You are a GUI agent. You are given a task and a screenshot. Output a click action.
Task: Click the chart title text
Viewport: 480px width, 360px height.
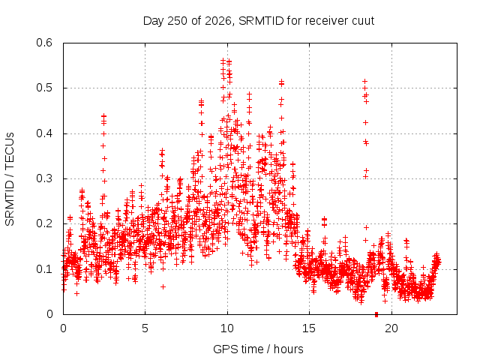259,21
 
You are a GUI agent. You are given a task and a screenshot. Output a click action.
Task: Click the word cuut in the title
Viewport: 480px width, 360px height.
363,21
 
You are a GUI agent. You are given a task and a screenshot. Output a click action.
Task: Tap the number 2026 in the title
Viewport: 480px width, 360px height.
218,21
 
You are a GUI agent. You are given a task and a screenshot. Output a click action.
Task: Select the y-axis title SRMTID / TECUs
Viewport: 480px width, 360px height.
10,179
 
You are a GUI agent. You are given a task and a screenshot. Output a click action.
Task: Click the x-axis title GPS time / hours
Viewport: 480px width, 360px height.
258,349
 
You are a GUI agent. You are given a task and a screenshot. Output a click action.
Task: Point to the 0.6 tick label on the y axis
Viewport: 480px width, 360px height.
44,43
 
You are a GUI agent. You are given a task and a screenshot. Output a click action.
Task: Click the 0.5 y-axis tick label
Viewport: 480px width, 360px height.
44,88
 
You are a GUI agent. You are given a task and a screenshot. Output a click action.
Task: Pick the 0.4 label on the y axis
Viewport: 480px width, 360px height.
44,133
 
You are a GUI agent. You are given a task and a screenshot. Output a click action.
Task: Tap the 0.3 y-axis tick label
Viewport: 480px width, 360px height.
44,178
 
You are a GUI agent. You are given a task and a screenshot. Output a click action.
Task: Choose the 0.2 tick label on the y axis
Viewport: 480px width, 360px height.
44,223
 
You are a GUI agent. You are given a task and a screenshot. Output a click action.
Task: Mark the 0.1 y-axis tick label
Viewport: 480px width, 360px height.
44,269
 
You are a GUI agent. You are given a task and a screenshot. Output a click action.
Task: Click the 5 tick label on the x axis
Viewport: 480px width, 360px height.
145,328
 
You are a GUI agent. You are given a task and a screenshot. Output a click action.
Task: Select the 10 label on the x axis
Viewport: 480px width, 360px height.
227,328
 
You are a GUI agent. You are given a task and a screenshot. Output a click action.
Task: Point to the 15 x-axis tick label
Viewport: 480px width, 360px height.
309,328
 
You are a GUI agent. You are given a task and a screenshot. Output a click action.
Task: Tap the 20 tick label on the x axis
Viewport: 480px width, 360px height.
391,328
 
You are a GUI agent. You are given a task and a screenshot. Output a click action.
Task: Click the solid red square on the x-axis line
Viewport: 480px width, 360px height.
376,314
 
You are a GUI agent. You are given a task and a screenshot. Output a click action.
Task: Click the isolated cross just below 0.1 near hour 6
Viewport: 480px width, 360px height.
163,286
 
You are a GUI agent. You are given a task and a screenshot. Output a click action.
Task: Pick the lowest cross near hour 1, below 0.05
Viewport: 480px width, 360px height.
76,293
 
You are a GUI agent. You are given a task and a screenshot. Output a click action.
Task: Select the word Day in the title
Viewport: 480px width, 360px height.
154,21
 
